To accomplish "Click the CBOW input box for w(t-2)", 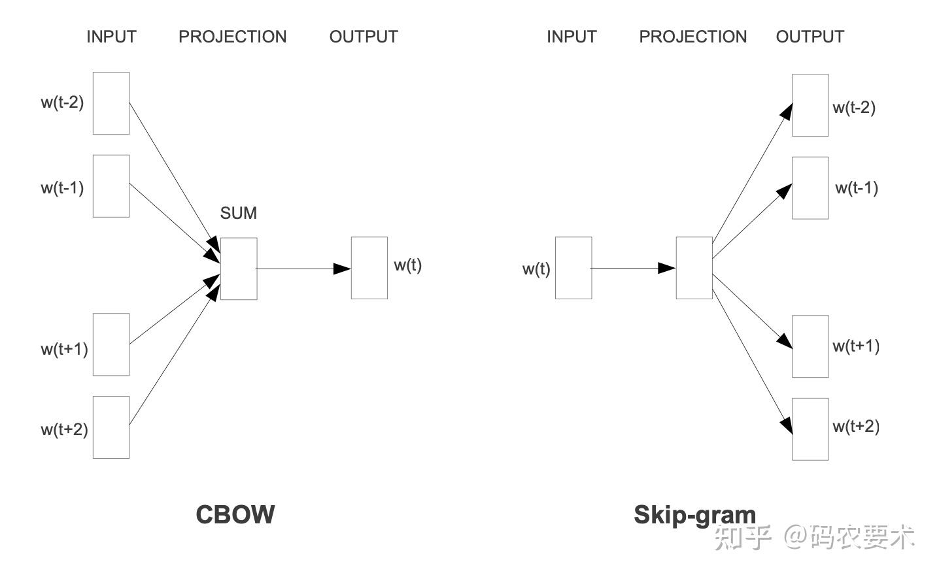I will [x=111, y=103].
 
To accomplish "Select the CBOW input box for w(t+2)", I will [x=111, y=427].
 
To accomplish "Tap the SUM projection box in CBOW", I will [x=239, y=269].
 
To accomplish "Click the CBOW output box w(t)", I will [x=369, y=268].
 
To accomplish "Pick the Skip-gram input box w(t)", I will [x=573, y=268].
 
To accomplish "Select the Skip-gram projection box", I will [x=694, y=268].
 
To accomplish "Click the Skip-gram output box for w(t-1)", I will [x=810, y=188].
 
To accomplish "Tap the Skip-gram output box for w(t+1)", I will [x=810, y=346].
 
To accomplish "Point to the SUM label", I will [x=239, y=213].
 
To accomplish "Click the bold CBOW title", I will [x=235, y=515].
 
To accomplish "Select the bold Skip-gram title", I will [x=694, y=515].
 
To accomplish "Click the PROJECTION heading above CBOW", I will [x=233, y=37].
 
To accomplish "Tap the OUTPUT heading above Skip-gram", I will [x=810, y=37].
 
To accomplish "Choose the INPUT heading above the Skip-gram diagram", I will [x=572, y=37].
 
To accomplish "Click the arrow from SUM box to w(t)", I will [x=304, y=269].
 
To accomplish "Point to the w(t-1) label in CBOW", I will [x=62, y=188].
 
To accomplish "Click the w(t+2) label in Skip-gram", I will [x=856, y=427].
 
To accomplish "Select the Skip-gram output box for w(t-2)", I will [x=810, y=105].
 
